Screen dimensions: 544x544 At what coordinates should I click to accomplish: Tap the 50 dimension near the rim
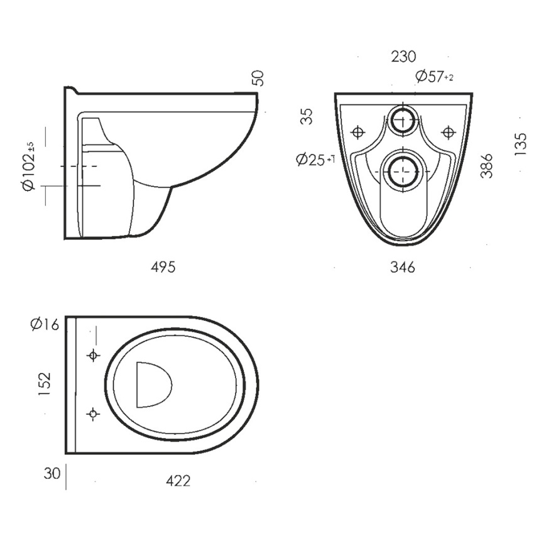click(258, 77)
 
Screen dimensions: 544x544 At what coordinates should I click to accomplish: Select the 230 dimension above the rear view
click(403, 57)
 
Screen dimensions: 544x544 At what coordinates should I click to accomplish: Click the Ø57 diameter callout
click(434, 77)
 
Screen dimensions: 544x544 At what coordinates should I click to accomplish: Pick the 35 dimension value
click(306, 117)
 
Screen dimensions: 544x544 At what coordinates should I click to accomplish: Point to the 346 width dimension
click(403, 268)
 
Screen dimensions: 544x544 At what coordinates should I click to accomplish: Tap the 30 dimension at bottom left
click(53, 473)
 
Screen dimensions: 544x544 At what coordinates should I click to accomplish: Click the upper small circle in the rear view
click(402, 119)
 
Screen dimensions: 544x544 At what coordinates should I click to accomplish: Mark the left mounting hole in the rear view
click(357, 133)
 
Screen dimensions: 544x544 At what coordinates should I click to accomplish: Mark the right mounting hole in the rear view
click(448, 133)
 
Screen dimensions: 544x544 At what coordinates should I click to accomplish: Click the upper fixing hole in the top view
click(93, 356)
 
